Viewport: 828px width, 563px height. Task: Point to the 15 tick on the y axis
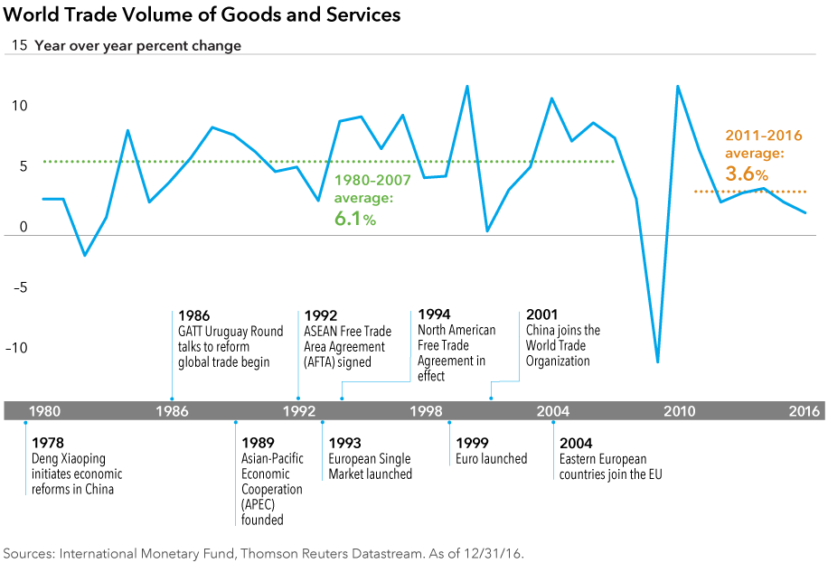[x=17, y=45]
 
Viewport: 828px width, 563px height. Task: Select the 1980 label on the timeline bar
[x=44, y=411]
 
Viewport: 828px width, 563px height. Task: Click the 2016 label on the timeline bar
[x=804, y=411]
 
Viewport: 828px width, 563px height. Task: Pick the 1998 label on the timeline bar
[x=425, y=411]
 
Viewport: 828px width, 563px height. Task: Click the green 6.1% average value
[x=355, y=218]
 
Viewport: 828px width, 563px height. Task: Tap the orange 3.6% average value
[x=747, y=173]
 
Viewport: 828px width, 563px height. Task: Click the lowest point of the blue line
[x=657, y=361]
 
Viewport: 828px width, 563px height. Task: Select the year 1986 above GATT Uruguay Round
[x=194, y=315]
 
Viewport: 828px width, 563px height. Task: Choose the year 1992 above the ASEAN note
[x=321, y=315]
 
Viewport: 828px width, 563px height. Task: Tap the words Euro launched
[x=491, y=459]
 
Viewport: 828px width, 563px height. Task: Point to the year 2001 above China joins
[x=541, y=315]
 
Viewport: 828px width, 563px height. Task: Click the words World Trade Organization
[x=558, y=353]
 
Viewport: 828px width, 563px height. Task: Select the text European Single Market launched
[x=371, y=466]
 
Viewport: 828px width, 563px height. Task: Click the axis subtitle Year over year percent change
[x=137, y=45]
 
